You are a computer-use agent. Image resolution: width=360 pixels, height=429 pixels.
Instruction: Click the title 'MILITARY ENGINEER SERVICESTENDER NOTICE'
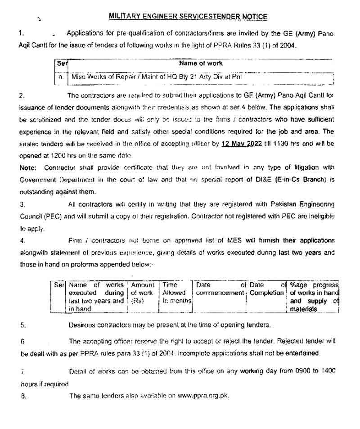coord(188,17)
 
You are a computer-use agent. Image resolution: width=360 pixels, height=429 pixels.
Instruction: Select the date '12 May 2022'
coord(243,144)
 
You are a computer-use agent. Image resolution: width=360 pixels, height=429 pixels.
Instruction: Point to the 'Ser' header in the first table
coord(62,63)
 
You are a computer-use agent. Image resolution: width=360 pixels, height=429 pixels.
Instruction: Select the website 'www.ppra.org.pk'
coord(203,396)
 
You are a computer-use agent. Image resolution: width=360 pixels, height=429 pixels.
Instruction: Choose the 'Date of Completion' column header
coord(267,289)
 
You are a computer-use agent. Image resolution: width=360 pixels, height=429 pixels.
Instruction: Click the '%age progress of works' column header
coord(314,297)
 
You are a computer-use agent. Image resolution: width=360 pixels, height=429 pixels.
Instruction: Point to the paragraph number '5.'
coord(23,325)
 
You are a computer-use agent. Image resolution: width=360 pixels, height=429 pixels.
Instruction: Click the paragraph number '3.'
coord(22,204)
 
